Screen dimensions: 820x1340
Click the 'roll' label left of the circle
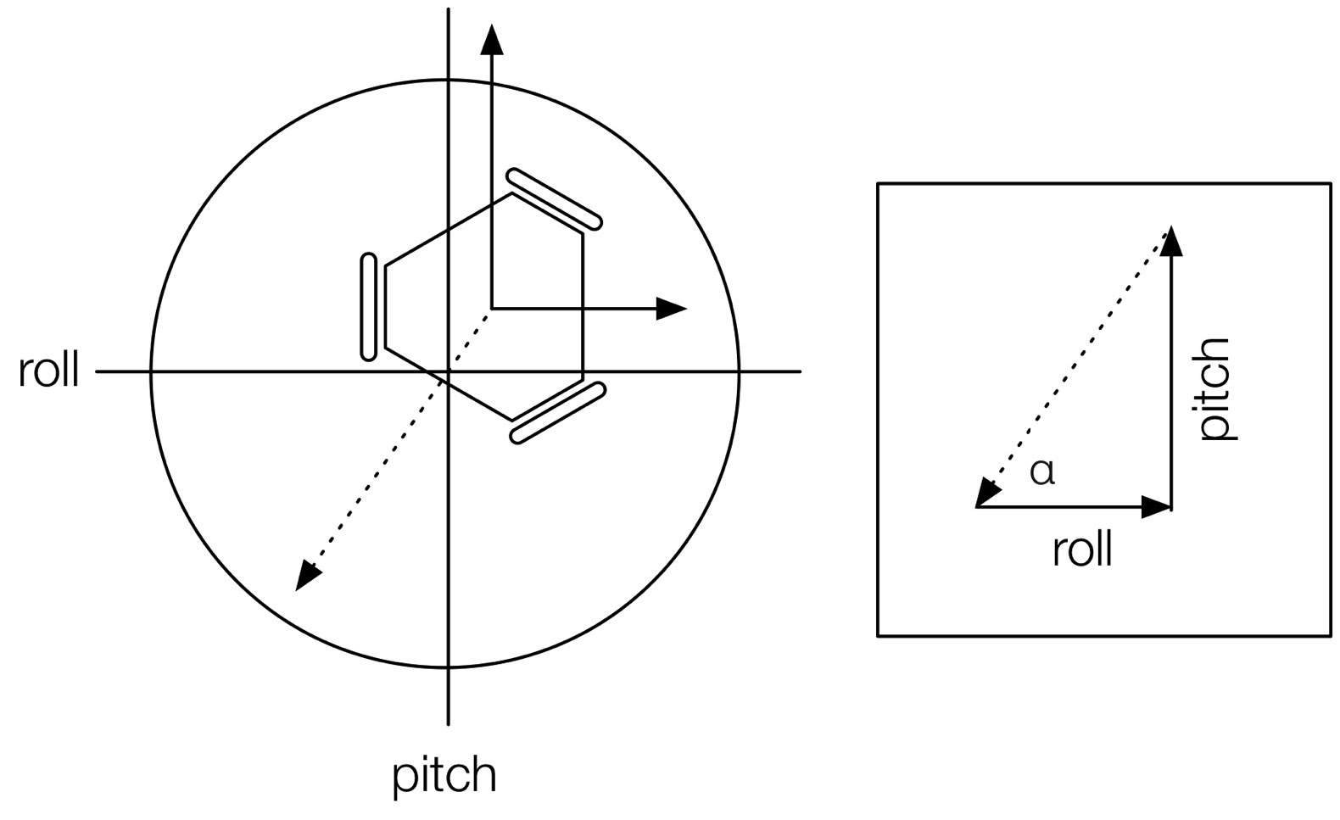[x=49, y=371]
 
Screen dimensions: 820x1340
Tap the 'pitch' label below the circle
[x=444, y=775]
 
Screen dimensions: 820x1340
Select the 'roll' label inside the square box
[x=1081, y=550]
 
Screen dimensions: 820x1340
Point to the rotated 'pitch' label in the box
[x=1215, y=388]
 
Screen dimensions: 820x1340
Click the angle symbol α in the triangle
[x=1041, y=471]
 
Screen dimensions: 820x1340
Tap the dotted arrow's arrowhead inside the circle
[x=307, y=577]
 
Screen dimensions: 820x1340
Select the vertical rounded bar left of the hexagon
[x=368, y=307]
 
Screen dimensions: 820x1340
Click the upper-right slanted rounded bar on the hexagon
[x=555, y=199]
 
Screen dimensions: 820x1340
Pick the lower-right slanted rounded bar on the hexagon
[x=558, y=413]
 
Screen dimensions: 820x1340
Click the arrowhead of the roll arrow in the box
[x=1157, y=507]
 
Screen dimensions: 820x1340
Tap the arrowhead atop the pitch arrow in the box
[x=1171, y=241]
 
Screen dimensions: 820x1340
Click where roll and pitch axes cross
[x=448, y=371]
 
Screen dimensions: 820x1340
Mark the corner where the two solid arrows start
[x=492, y=309]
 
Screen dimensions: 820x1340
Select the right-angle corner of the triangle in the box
[x=1171, y=507]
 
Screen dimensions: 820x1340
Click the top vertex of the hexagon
[x=511, y=194]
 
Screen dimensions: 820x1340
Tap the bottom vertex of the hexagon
[x=511, y=419]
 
